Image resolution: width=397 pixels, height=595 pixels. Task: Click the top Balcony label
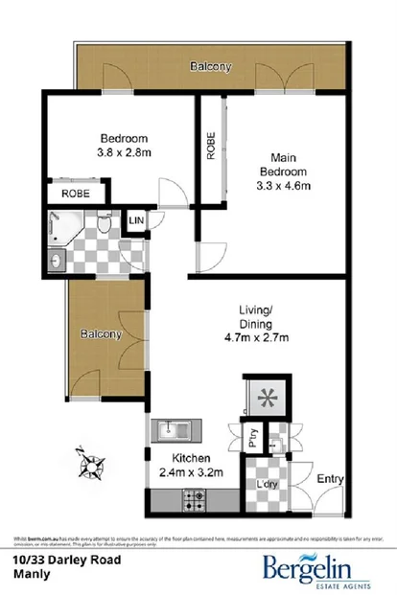[x=210, y=67]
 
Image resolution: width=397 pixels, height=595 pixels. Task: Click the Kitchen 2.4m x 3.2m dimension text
[x=191, y=471]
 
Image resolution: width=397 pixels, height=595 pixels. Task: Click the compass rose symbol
[x=91, y=467]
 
